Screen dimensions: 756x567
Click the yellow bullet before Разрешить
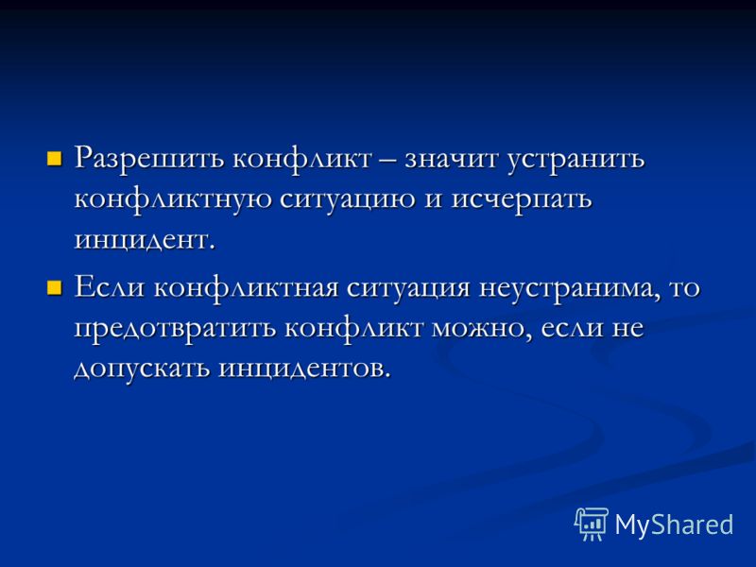(54, 159)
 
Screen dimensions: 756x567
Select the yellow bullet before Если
(54, 288)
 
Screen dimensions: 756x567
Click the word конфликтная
(246, 289)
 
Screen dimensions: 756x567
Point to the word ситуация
(408, 290)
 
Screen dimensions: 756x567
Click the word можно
(482, 329)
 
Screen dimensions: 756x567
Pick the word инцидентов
(302, 369)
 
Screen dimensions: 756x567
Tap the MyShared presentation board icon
(592, 524)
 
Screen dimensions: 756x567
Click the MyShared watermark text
(674, 524)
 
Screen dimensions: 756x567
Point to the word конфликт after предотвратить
(353, 329)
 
